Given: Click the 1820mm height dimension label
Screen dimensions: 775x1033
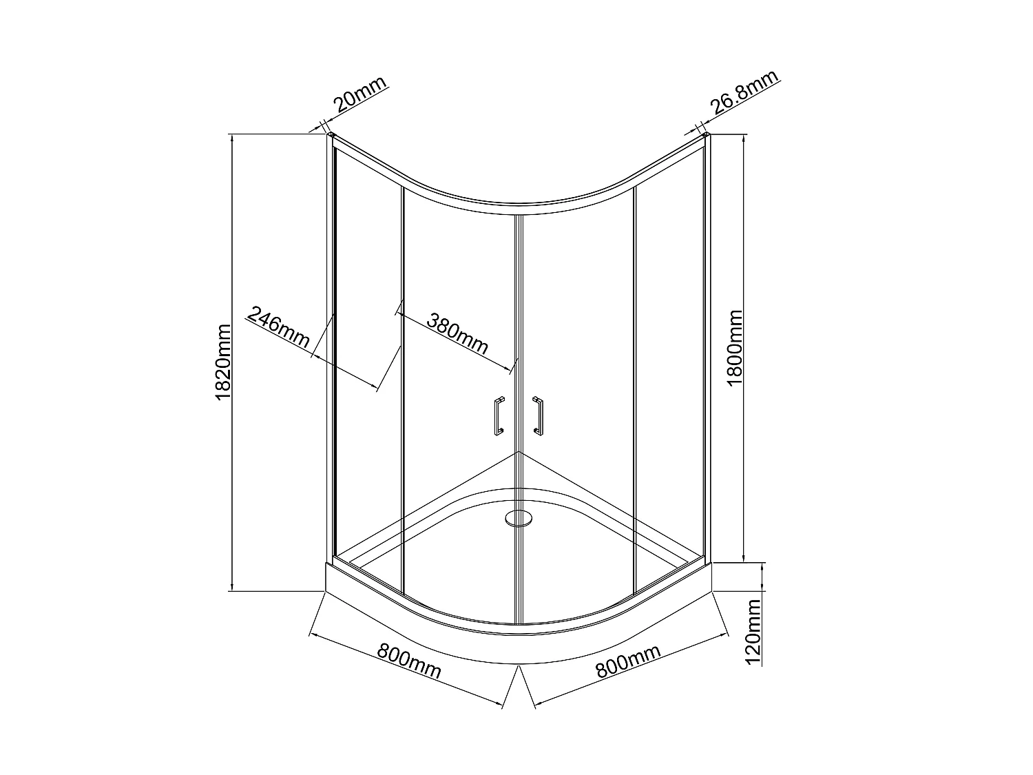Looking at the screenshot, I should coord(222,362).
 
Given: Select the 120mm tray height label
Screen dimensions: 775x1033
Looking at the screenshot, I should coord(753,631).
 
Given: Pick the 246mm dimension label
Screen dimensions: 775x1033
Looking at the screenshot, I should coord(279,328).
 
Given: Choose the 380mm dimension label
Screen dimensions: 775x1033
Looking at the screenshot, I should coord(457,333).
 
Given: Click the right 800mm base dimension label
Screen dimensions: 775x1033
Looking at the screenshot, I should coord(627,661).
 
